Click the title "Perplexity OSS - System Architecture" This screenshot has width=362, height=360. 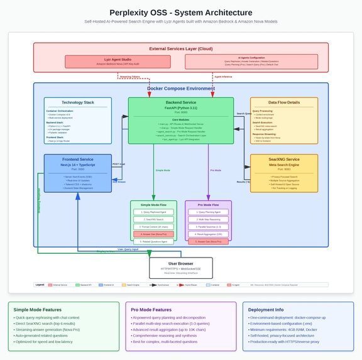(x=181, y=13)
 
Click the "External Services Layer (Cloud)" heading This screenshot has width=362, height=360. (x=181, y=48)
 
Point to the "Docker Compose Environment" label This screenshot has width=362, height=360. (x=181, y=89)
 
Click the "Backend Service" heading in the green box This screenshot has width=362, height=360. (x=181, y=102)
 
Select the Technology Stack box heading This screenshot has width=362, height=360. (x=78, y=102)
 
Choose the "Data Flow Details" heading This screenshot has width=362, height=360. (x=283, y=102)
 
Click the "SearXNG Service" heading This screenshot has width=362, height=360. (x=283, y=160)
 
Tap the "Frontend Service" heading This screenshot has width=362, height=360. (x=78, y=160)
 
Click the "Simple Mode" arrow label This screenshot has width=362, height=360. (x=162, y=170)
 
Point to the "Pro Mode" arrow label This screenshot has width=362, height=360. (x=216, y=170)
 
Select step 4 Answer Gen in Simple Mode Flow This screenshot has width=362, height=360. (x=154, y=233)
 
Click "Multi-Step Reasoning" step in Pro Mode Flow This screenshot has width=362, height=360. (x=208, y=219)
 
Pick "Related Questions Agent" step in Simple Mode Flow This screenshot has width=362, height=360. (x=154, y=241)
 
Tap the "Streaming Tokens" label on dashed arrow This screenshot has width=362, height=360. (x=131, y=77)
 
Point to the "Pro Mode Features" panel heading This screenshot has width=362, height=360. (x=151, y=309)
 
